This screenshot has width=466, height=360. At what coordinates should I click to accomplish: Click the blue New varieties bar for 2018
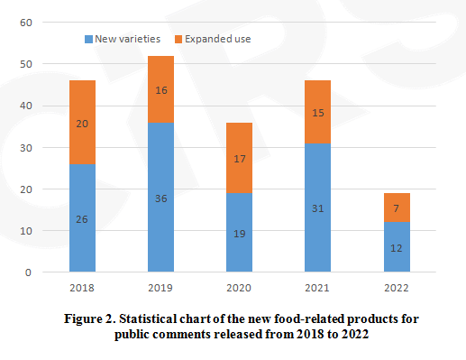[x=82, y=217]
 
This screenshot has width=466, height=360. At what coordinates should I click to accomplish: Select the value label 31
[x=317, y=208]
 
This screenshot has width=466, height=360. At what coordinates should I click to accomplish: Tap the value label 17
[x=239, y=159]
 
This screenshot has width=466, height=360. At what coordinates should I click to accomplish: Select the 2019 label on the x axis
[x=161, y=290]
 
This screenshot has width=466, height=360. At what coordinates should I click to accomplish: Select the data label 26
[x=82, y=219]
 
